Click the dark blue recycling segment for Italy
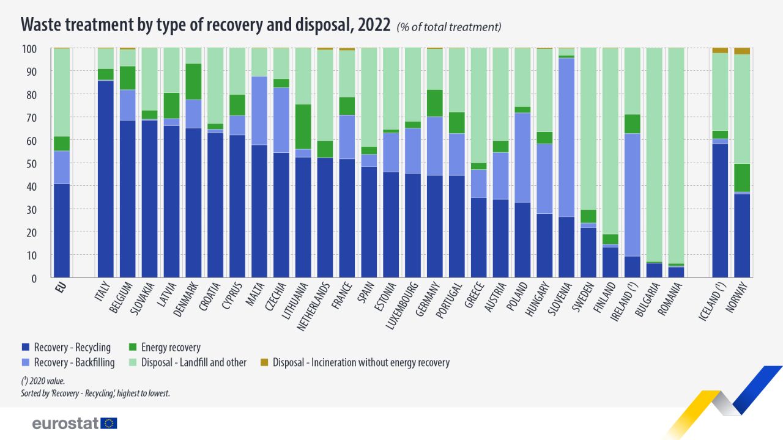click(x=105, y=179)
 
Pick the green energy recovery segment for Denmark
click(x=193, y=81)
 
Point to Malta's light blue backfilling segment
click(x=259, y=111)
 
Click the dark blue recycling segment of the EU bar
click(x=61, y=230)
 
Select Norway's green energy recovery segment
click(x=741, y=178)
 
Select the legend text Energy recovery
click(x=171, y=348)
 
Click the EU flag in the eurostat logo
click(x=109, y=424)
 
